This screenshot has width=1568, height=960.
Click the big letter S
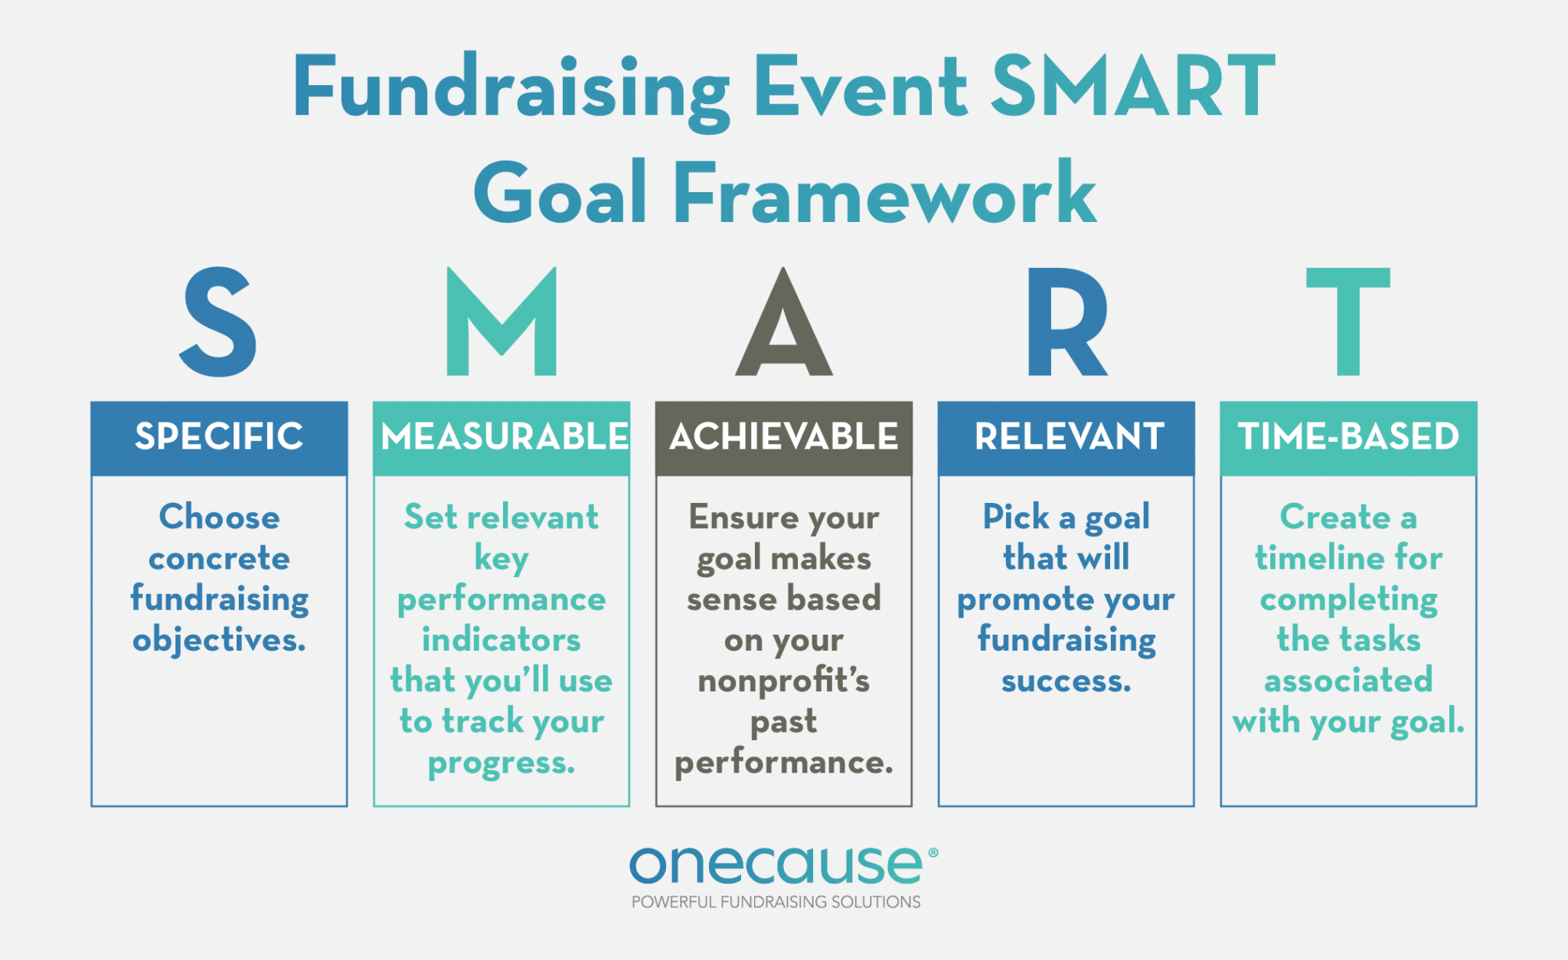pyautogui.click(x=218, y=322)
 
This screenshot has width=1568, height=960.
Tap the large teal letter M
pyautogui.click(x=501, y=322)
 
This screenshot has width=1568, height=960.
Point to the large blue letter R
pyautogui.click(x=1066, y=322)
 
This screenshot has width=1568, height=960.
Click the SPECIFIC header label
pyautogui.click(x=219, y=437)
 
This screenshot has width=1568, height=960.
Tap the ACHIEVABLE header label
pyautogui.click(x=783, y=437)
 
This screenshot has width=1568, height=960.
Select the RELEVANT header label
pyautogui.click(x=1069, y=437)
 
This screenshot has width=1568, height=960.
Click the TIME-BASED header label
pyautogui.click(x=1348, y=437)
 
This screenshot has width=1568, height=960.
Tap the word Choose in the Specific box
pyautogui.click(x=219, y=518)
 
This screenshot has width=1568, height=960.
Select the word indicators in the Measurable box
pyautogui.click(x=501, y=639)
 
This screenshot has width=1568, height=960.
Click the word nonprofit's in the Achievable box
pyautogui.click(x=783, y=681)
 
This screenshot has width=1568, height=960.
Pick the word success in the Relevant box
pyautogui.click(x=1065, y=681)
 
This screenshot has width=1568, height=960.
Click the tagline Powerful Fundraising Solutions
pyautogui.click(x=776, y=902)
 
